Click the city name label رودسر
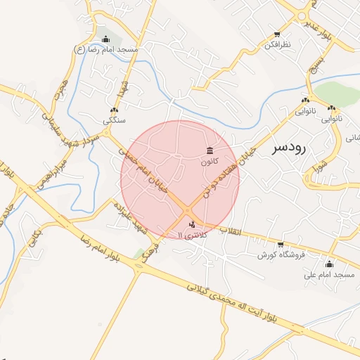(289, 148)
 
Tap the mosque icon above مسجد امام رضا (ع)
(105, 39)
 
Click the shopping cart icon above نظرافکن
(277, 34)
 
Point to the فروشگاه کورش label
(281, 255)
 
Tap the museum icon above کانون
(210, 150)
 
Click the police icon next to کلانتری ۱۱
(193, 224)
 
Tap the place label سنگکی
(114, 120)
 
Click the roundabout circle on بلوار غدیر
(302, 16)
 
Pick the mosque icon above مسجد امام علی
(329, 264)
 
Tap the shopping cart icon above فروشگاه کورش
(281, 245)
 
